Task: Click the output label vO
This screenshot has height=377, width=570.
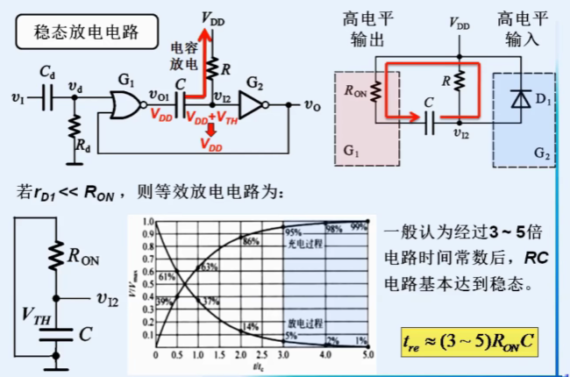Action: pos(311,104)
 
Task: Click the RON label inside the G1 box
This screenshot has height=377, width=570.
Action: pos(356,89)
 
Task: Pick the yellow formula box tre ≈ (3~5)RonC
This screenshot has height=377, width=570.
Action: pos(466,339)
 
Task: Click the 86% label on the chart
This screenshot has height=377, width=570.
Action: pos(251,240)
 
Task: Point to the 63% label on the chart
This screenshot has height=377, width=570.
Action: pos(208,266)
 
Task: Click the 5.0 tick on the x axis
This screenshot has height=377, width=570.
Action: pos(369,355)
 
